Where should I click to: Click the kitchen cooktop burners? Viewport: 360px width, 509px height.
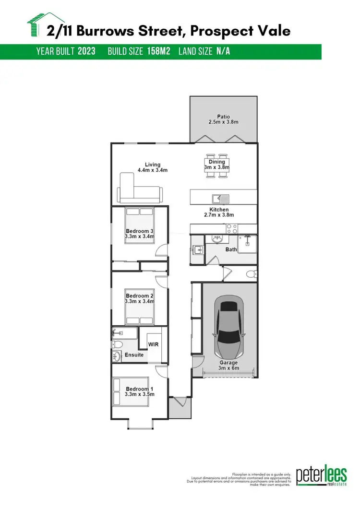pyautogui.click(x=232, y=228)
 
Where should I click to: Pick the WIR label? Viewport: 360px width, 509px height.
pyautogui.click(x=153, y=344)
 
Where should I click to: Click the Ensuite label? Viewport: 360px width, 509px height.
pyautogui.click(x=134, y=355)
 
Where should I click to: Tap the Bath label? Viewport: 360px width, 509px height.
pyautogui.click(x=231, y=249)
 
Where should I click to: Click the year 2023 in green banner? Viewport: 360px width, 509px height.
pyautogui.click(x=86, y=51)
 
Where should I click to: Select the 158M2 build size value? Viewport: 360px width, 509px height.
pyautogui.click(x=159, y=51)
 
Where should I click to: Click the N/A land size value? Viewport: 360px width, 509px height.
pyautogui.click(x=223, y=51)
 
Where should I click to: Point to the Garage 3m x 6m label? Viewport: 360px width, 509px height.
pyautogui.click(x=229, y=366)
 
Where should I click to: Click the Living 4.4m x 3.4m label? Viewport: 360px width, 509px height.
pyautogui.click(x=153, y=167)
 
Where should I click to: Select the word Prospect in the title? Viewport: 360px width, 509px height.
pyautogui.click(x=218, y=31)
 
